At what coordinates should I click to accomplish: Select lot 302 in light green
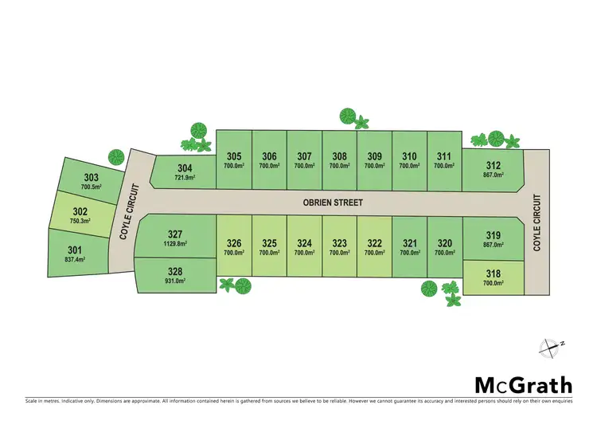(82, 216)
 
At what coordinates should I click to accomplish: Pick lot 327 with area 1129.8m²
(175, 238)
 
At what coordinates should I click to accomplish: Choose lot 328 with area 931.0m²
(175, 275)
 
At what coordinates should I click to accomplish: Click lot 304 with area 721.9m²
(184, 171)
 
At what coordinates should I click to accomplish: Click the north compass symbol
(549, 347)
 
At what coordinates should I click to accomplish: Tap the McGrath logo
(523, 385)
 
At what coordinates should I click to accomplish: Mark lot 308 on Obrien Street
(340, 160)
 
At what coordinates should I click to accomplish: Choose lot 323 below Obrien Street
(340, 247)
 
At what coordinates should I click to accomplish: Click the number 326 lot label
(234, 243)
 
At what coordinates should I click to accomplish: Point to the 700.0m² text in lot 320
(445, 253)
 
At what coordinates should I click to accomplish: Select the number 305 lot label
(234, 156)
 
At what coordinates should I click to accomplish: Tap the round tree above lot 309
(348, 116)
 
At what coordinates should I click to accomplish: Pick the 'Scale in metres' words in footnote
(46, 400)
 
